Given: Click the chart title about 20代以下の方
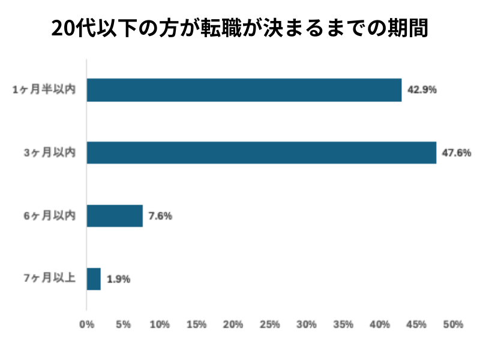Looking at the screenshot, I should pos(239,29).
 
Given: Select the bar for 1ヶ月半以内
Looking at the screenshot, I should pos(244,90).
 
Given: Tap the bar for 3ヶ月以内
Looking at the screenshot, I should pos(262,152).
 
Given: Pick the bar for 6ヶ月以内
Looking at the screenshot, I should pos(115,215).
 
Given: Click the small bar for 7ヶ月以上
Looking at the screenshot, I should pos(94,278).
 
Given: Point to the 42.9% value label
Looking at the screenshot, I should pos(422,90).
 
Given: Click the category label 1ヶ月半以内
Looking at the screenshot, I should pos(44,90).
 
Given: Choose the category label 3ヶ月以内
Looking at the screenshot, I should pos(49,152).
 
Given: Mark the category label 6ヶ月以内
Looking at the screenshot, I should pos(49,215).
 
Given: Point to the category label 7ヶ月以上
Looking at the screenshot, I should pos(49,278).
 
